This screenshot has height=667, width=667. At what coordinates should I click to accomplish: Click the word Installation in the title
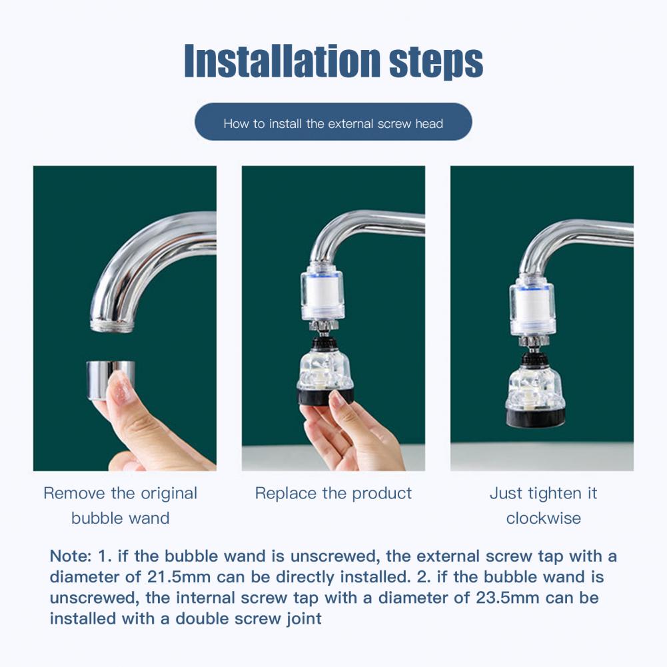coord(282,60)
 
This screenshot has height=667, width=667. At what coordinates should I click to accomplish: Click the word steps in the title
coord(436,63)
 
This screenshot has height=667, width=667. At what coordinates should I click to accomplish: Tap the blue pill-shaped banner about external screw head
coord(333,122)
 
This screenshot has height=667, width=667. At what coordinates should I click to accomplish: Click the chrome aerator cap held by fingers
coord(110,380)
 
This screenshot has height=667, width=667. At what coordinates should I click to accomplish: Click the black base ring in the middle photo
coord(325,396)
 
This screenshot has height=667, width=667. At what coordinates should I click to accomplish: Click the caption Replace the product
coord(333,494)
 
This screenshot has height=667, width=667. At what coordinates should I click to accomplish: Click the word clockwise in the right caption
coord(543,518)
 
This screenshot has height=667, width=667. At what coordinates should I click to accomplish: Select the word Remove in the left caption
coord(74,494)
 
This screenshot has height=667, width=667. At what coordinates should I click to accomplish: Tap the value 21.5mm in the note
coord(179,577)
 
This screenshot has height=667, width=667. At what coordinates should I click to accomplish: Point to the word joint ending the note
coord(304,619)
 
